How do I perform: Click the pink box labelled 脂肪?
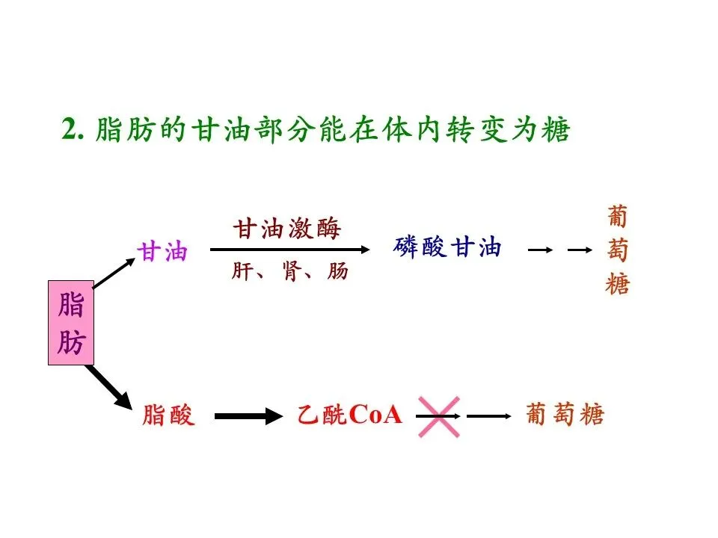click(x=71, y=323)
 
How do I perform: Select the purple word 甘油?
click(x=162, y=252)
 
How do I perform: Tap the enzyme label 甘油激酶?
click(x=287, y=229)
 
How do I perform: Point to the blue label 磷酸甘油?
click(x=447, y=247)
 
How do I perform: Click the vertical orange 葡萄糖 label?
click(x=618, y=251)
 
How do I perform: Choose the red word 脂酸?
click(x=168, y=415)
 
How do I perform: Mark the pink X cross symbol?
click(x=438, y=415)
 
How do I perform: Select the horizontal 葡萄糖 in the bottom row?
click(x=565, y=415)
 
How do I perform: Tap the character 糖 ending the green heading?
click(x=556, y=131)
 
